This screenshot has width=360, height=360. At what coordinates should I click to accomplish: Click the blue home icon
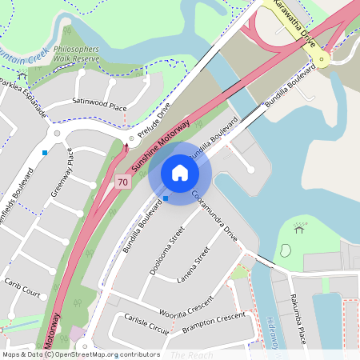180,173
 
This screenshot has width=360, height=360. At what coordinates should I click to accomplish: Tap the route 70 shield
122,182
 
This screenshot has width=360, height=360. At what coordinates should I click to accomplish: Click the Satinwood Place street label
99,105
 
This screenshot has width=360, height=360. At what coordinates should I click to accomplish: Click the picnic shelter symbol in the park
300,228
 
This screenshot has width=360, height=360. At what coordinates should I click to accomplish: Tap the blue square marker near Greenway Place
45,151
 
